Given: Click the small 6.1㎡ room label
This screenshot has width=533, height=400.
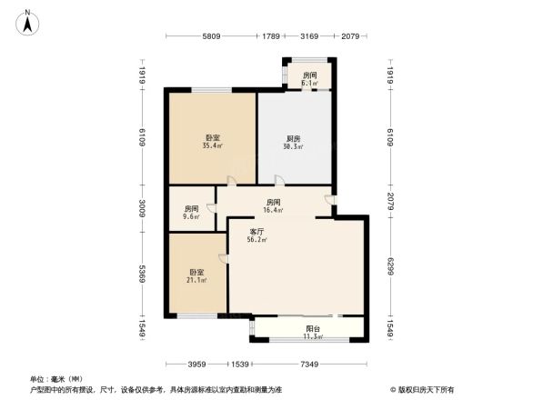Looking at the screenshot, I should point(310,79).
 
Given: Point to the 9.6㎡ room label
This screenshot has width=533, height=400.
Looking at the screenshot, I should point(191,213).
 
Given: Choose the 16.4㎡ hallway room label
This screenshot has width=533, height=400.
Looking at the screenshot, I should point(272,205).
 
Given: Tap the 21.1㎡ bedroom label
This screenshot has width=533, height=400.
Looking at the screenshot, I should point(196,275).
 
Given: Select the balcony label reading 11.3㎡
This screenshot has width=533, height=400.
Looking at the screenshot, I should point(313,333).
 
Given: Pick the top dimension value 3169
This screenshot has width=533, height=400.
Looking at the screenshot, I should point(310,36).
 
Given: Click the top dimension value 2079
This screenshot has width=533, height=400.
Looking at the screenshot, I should point(350,36).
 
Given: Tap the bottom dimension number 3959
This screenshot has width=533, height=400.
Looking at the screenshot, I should point(199,365).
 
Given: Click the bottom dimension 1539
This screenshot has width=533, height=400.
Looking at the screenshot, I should point(239,365).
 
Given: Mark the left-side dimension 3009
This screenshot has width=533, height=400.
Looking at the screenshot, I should point(143,210).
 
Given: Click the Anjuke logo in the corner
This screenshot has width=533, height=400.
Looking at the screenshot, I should point(424,388).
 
